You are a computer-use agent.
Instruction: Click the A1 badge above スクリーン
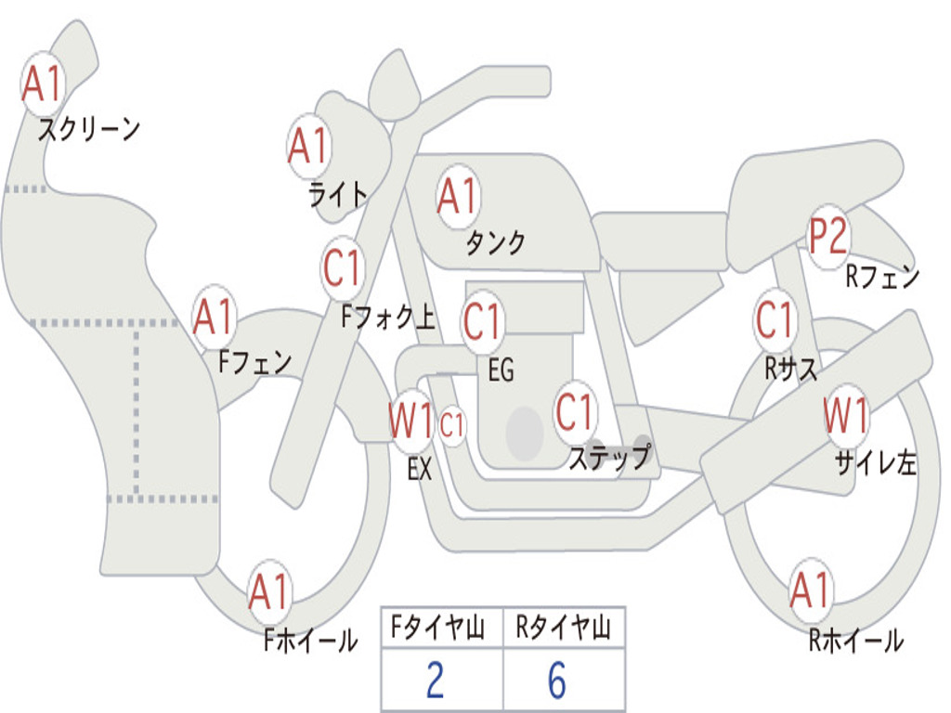(42, 84)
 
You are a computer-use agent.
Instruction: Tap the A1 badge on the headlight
(308, 146)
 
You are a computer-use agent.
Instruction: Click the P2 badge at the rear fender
(827, 237)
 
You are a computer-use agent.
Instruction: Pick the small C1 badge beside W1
(452, 426)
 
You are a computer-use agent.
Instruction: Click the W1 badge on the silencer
(847, 415)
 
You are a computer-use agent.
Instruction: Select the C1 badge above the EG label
(483, 322)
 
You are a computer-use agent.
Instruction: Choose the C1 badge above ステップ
(575, 412)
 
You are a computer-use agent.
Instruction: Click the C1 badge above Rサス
(775, 320)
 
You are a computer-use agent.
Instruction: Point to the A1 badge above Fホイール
(270, 592)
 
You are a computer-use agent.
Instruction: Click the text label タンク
(495, 242)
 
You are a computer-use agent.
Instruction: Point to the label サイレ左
(875, 461)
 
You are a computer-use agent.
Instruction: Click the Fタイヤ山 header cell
(441, 629)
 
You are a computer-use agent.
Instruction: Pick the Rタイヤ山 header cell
(564, 629)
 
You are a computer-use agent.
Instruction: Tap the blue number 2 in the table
(435, 681)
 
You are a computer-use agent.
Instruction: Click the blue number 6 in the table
(557, 681)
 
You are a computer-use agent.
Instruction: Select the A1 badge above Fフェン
(215, 318)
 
